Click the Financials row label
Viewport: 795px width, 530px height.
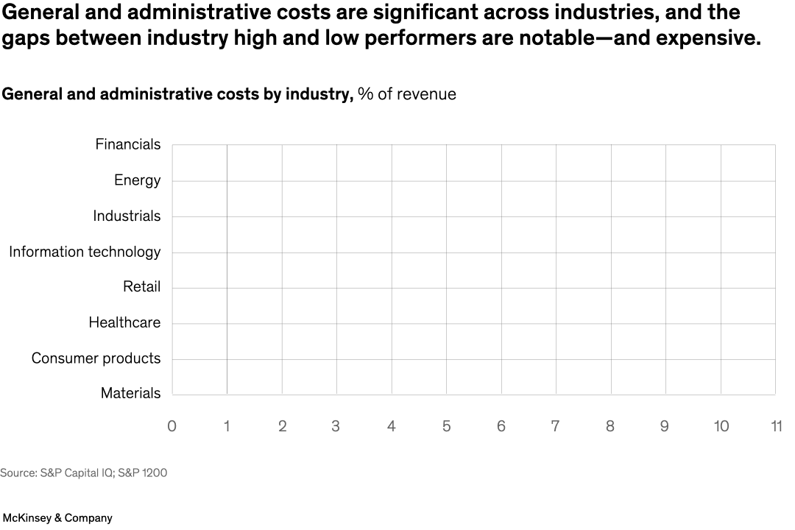127,144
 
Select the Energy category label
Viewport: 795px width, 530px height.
137,180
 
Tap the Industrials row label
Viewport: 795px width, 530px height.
127,216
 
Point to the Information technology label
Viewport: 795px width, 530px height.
85,252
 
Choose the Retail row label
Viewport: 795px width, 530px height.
141,287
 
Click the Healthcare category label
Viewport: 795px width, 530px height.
124,322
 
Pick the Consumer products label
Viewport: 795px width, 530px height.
96,358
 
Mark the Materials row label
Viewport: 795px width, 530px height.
130,394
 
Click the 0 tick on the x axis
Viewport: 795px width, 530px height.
172,427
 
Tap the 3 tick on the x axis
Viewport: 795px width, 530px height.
336,427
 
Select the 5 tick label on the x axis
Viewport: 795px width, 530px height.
446,427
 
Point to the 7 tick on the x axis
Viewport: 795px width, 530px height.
556,427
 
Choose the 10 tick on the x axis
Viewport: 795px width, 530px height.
721,427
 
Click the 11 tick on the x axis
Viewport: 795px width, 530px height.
775,427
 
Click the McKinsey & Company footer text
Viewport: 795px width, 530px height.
57,518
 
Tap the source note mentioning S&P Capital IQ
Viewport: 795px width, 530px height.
83,473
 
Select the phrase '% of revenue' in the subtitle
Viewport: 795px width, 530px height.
407,94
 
